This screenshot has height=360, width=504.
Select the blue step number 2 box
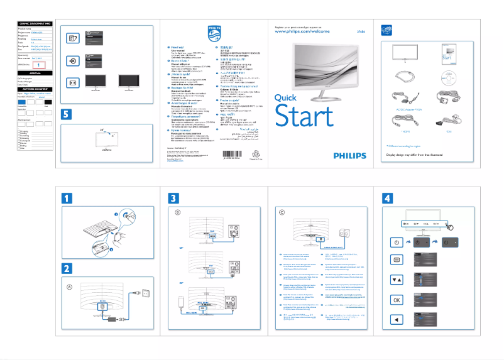click(x=67, y=268)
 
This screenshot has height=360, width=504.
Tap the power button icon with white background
click(x=397, y=243)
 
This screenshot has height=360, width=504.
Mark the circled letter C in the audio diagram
click(x=282, y=212)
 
